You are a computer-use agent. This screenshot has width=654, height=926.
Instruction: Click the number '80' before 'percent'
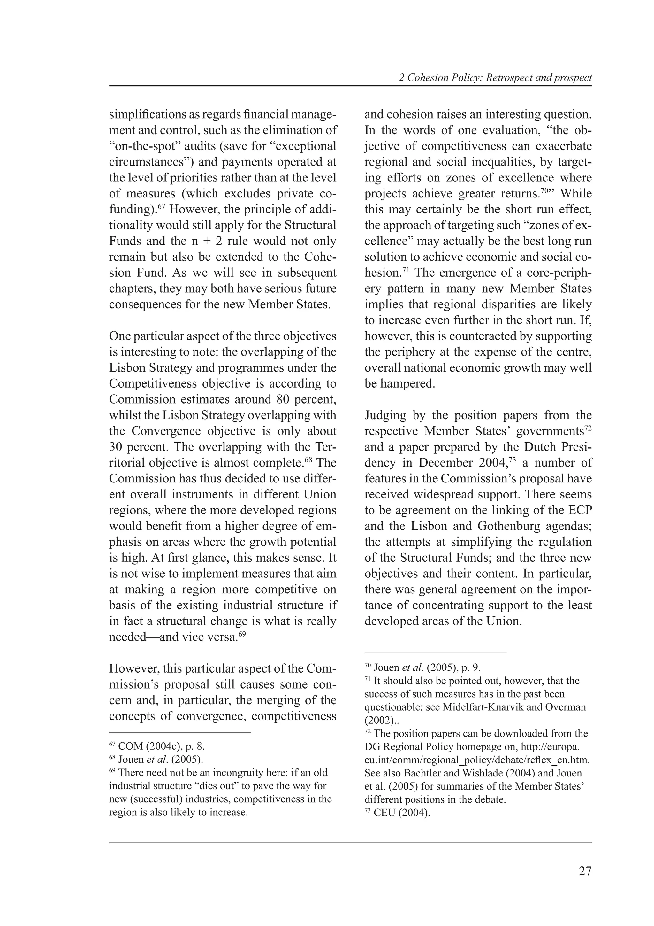click(285, 399)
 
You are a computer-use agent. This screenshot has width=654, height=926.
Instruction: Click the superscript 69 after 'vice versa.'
click(242, 634)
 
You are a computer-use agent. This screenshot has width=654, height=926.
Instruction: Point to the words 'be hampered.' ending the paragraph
click(400, 383)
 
